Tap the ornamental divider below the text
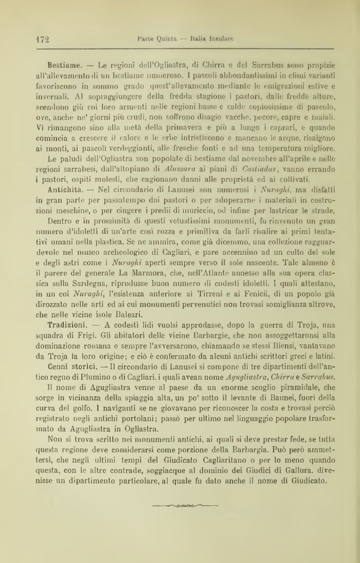pos(186,506)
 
